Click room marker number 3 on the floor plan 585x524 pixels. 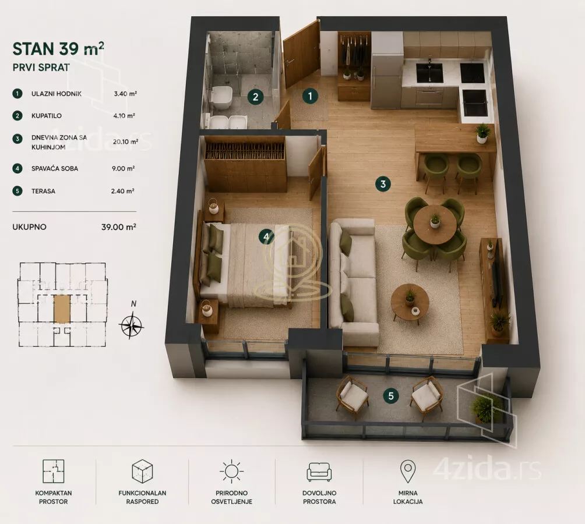(x=383, y=184)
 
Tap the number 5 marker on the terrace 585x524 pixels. (x=391, y=395)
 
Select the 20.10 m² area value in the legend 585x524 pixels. (x=125, y=141)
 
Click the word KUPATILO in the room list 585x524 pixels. (x=47, y=116)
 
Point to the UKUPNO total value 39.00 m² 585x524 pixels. (x=119, y=226)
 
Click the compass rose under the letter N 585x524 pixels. (x=131, y=326)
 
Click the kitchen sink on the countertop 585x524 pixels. (x=429, y=73)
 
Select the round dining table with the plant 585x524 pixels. (x=434, y=224)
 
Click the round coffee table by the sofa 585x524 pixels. (x=410, y=302)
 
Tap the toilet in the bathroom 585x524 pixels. (x=221, y=98)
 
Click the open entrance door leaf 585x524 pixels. (x=301, y=54)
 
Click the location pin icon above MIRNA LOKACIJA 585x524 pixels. (x=408, y=471)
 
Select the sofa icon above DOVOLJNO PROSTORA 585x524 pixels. (x=319, y=472)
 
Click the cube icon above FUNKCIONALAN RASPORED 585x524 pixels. (x=142, y=472)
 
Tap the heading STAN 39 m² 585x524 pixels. (x=58, y=49)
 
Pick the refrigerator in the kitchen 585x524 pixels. (x=387, y=71)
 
